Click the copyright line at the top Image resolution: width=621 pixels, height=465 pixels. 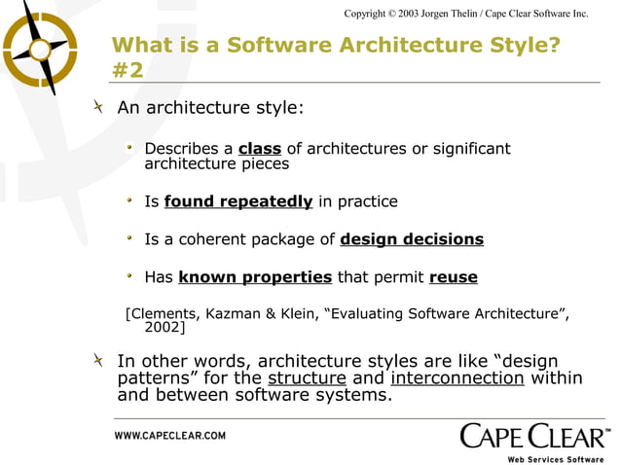point(466,13)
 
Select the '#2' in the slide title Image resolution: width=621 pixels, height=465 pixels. point(128,70)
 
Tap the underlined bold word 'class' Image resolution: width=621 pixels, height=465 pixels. point(259,149)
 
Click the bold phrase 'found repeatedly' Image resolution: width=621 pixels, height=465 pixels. point(238,202)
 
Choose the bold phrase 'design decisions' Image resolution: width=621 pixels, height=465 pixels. point(412,239)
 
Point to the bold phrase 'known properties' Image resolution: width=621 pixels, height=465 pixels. point(255,277)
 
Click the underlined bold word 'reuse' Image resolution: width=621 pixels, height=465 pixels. point(453,277)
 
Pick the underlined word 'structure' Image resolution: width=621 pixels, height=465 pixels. point(307,378)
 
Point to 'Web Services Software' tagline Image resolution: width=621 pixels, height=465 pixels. point(556,458)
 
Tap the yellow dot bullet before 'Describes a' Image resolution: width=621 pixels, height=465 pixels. point(129,149)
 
